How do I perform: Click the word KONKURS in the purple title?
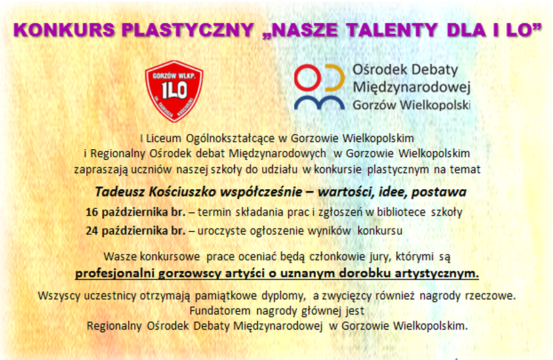(x=64, y=30)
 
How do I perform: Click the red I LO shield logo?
(x=174, y=91)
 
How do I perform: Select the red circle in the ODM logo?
(x=308, y=78)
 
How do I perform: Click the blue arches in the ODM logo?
(x=319, y=103)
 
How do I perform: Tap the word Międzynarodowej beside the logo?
(x=411, y=87)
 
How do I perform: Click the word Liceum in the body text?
(x=163, y=138)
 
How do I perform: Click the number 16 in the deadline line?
(x=91, y=212)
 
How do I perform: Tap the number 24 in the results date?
(x=91, y=231)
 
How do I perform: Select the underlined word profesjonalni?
(x=115, y=273)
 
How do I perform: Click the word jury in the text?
(x=381, y=257)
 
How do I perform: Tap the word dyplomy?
(x=283, y=296)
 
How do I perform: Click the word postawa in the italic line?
(x=438, y=193)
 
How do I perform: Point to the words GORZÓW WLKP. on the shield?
(x=173, y=76)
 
